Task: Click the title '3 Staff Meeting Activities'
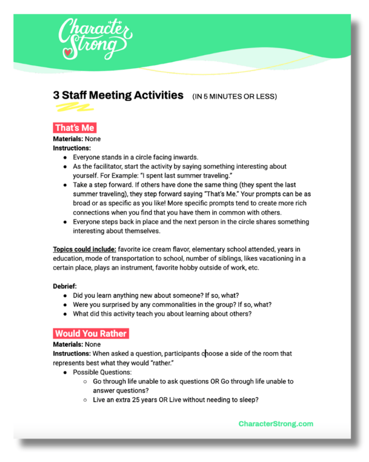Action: point(118,95)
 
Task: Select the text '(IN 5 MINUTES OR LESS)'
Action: point(234,97)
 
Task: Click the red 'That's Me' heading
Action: point(74,128)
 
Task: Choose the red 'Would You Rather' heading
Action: point(90,333)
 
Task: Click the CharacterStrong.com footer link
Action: point(276,424)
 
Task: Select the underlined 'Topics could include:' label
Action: point(85,250)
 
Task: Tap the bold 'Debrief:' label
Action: point(65,286)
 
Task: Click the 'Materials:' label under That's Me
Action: point(68,139)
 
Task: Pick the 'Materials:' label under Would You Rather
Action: point(68,345)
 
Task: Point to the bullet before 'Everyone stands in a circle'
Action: point(65,157)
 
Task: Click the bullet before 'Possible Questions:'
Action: point(65,372)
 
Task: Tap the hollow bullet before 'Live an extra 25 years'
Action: point(85,400)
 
